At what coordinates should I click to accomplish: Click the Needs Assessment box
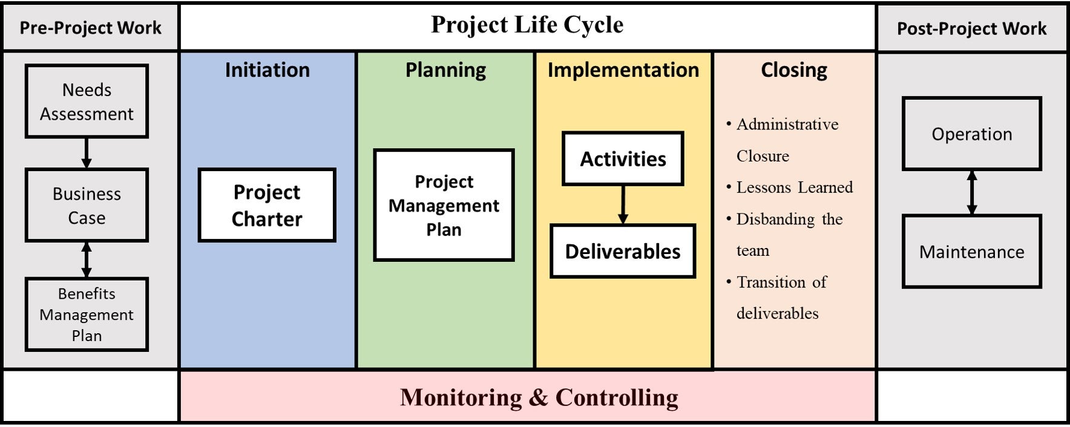[87, 101]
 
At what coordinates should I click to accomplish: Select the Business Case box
[87, 205]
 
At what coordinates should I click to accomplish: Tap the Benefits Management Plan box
[87, 314]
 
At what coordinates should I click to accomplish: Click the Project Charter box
[267, 205]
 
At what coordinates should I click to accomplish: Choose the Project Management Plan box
[444, 205]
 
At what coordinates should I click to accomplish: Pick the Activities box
[623, 158]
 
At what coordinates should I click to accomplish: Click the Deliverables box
[623, 251]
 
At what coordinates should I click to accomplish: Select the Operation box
[971, 134]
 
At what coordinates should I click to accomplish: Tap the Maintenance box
[971, 251]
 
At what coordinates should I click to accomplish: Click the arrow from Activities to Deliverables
[623, 204]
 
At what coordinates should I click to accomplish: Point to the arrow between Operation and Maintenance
[971, 192]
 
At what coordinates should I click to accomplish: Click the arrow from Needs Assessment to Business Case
[87, 152]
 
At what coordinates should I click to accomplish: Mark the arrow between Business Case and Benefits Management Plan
[87, 259]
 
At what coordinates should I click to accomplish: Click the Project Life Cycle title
[527, 25]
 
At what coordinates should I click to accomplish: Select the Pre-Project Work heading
[91, 28]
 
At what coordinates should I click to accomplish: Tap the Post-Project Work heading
[971, 28]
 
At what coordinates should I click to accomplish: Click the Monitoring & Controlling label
[539, 397]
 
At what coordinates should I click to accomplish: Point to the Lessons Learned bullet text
[794, 187]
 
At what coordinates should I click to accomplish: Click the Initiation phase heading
[267, 70]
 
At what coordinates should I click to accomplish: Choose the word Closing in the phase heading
[794, 70]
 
